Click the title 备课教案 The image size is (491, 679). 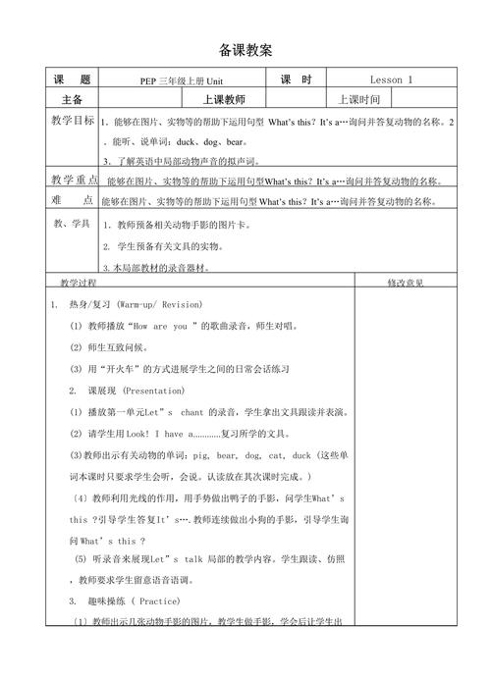point(245,49)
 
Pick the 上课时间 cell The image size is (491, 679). point(357,99)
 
